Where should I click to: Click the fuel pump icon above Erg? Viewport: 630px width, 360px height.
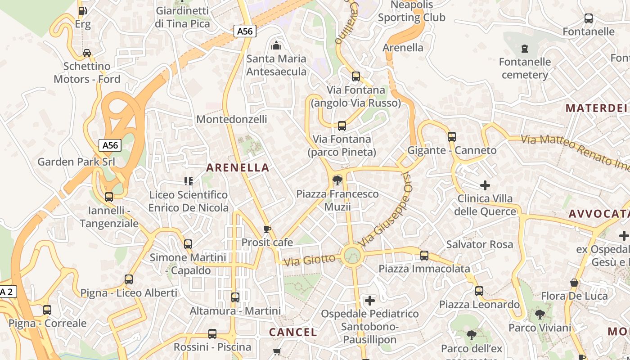point(82,11)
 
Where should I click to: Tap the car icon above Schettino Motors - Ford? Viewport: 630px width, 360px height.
point(87,53)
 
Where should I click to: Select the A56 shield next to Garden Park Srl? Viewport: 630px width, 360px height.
point(110,145)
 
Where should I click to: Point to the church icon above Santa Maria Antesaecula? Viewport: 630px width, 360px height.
point(276,45)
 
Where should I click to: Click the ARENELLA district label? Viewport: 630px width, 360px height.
point(238,168)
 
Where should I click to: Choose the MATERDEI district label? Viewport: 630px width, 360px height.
point(596,108)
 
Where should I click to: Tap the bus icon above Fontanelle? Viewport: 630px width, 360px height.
point(588,18)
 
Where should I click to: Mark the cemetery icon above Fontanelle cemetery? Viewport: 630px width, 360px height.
point(524,48)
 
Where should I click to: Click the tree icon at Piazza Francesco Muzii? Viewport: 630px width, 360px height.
point(337,181)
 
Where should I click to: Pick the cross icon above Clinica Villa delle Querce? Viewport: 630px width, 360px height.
point(485,185)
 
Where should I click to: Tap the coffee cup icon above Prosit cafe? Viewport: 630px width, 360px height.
point(267,229)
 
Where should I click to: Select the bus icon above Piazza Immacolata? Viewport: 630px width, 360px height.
point(424,256)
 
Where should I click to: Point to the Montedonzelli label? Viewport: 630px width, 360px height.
point(232,119)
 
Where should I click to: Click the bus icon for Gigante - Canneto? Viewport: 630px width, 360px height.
point(452,137)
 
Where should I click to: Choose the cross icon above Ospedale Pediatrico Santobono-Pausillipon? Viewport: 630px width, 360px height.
point(370,300)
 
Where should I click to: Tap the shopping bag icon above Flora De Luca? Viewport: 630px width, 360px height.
point(574,283)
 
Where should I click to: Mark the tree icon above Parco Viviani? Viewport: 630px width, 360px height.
point(540,314)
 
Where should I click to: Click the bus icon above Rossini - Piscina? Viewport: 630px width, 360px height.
point(212,334)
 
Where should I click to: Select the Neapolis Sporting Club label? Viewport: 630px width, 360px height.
point(411,11)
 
